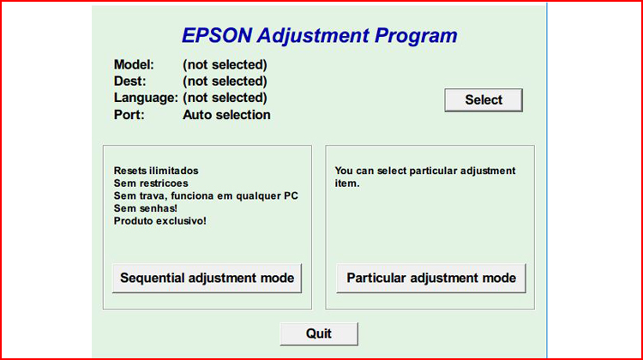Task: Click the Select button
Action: point(484,100)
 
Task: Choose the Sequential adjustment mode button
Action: point(207,278)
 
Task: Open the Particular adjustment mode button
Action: point(431,278)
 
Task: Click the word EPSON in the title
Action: point(217,36)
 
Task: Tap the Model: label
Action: point(134,64)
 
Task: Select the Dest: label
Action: point(130,81)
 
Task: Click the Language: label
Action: point(146,98)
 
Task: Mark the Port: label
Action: point(129,115)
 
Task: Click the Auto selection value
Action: point(226,115)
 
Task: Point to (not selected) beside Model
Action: point(225,64)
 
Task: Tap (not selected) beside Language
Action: point(225,98)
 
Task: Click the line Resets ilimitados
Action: point(155,171)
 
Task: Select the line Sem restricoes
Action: point(150,183)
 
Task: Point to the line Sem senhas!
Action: point(145,208)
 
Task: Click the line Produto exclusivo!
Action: point(159,220)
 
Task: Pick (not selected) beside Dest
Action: point(225,81)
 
